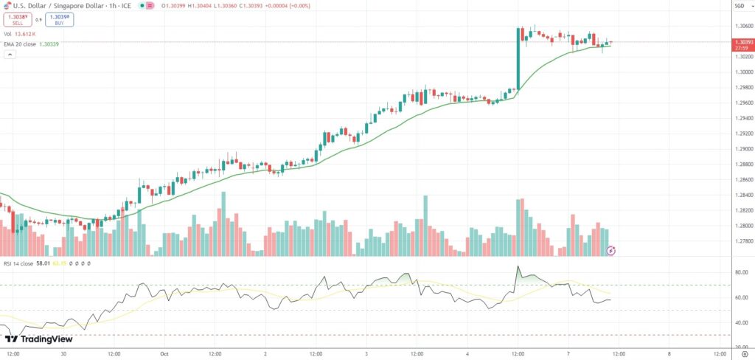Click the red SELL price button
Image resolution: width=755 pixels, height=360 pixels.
coord(17,20)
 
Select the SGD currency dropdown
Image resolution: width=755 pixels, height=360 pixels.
coord(740,7)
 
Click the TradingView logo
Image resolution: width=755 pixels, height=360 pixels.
coord(38,339)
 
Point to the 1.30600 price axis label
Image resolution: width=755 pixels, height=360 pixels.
coord(743,26)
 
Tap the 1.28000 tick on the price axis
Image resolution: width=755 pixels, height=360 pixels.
coord(743,226)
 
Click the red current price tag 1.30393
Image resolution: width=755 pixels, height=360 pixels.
coord(743,44)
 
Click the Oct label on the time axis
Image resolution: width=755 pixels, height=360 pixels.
coord(164,353)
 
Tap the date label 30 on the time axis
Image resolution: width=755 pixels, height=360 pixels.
coord(63,353)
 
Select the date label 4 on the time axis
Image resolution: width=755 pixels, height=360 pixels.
coord(467,353)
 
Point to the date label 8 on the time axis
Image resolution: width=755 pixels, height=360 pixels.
coord(669,353)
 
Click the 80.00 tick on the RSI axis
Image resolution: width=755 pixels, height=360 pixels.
coord(742,272)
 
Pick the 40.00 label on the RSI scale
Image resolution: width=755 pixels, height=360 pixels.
coord(742,322)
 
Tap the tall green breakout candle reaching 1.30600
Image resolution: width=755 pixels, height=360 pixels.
coord(518,59)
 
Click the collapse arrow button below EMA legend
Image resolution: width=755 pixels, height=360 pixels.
coord(8,55)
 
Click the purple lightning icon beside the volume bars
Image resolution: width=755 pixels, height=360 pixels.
coord(610,252)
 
